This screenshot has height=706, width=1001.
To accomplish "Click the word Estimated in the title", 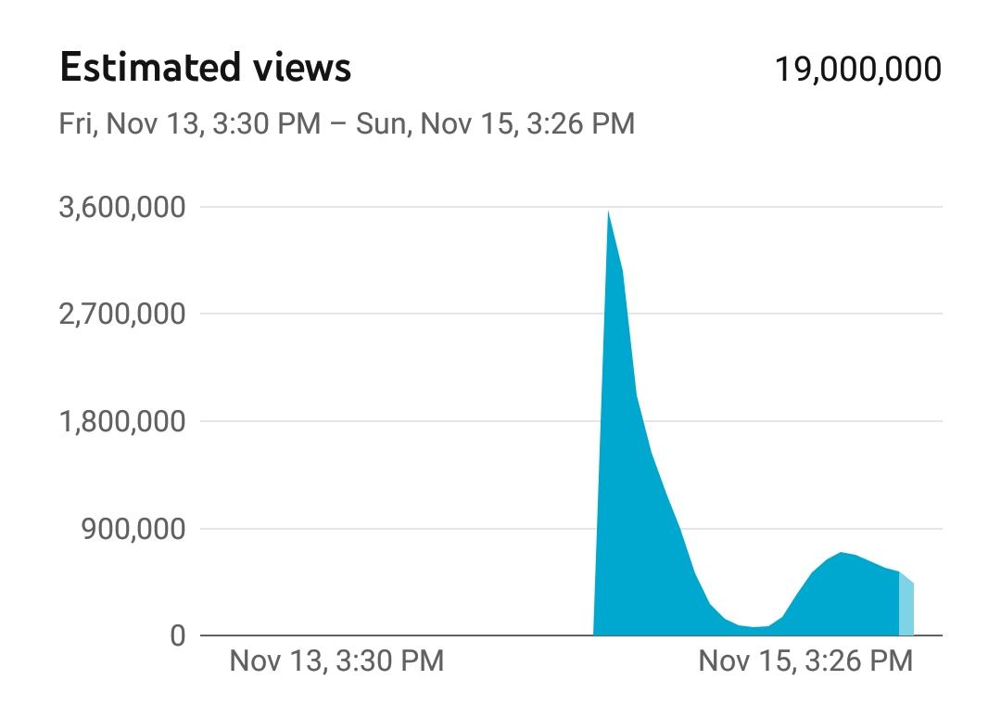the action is [x=149, y=67].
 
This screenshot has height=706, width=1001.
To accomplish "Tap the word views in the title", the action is [x=300, y=67].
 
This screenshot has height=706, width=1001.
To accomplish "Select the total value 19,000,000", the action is [x=858, y=69].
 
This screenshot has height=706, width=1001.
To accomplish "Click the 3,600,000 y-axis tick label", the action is [x=122, y=207].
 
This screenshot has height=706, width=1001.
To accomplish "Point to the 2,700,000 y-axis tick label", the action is [x=122, y=314].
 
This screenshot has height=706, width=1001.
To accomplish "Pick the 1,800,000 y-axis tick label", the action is [x=122, y=421].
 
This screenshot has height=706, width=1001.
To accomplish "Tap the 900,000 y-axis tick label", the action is [x=133, y=529].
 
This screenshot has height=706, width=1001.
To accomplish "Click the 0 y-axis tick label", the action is [x=178, y=635].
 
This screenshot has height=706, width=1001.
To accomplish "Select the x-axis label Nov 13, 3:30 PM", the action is [x=336, y=661].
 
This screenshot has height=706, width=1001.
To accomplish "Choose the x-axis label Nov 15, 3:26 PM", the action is [x=805, y=661].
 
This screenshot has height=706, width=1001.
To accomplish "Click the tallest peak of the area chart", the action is [x=608, y=212].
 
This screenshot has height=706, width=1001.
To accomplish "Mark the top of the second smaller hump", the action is [x=842, y=553].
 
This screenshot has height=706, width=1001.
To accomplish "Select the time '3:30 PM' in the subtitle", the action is [x=267, y=123].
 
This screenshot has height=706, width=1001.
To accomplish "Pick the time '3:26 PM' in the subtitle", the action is [x=581, y=123].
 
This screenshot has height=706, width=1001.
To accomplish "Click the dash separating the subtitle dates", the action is [x=338, y=124].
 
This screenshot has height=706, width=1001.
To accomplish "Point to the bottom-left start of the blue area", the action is [x=594, y=635].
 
